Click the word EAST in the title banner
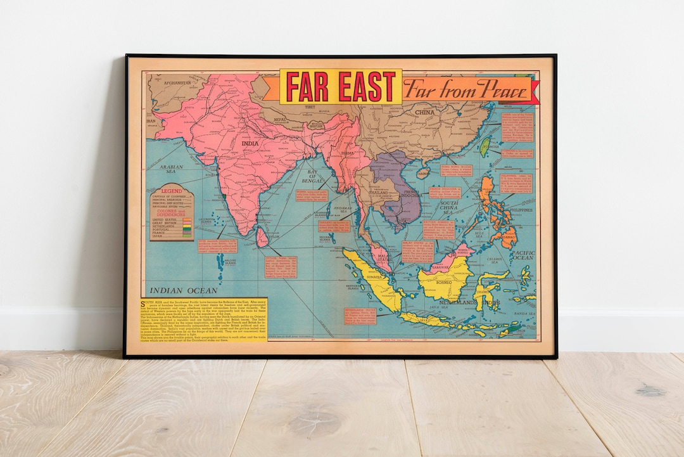pyautogui.click(x=367, y=86)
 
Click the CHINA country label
pyautogui.click(x=424, y=112)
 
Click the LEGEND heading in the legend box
pyautogui.click(x=172, y=191)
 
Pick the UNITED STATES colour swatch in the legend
pyautogui.click(x=187, y=220)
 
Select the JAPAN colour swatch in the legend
pyautogui.click(x=187, y=236)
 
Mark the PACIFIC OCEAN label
pyautogui.click(x=524, y=255)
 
